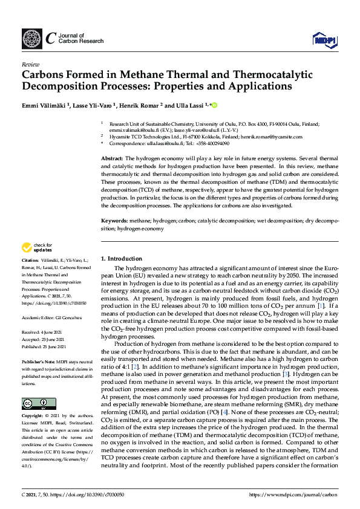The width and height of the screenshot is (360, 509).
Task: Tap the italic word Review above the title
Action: click(x=30, y=63)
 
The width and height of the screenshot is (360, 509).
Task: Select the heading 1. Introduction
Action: click(x=122, y=258)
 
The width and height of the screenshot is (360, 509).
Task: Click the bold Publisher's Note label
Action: click(x=41, y=358)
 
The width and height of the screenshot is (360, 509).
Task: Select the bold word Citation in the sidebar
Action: click(x=32, y=261)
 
